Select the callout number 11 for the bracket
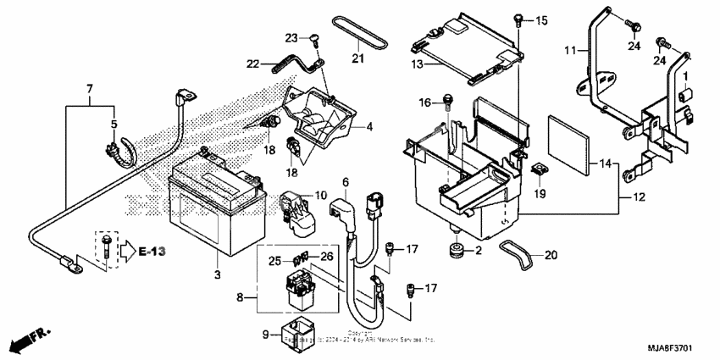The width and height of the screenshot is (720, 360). (569, 51)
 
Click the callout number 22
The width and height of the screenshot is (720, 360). (253, 64)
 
